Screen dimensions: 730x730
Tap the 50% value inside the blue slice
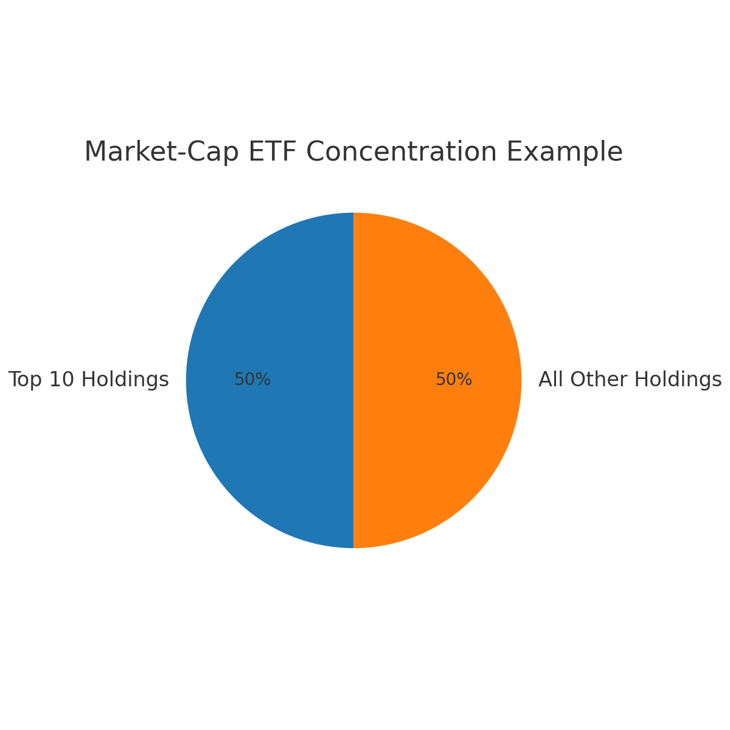252,379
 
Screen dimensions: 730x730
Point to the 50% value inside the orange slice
454,379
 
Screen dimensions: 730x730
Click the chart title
353,152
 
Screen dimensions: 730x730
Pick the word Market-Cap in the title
162,152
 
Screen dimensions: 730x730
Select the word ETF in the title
273,152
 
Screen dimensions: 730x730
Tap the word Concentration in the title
401,152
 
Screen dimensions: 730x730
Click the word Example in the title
565,152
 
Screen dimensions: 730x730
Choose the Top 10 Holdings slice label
89,380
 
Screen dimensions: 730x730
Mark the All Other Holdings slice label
630,380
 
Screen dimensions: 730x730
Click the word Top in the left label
25,380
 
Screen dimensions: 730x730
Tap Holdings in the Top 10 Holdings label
125,380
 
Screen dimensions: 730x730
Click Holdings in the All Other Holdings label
678,380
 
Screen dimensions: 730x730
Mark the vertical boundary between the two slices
353,380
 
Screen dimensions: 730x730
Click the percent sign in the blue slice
263,379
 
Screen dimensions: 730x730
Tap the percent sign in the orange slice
465,379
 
